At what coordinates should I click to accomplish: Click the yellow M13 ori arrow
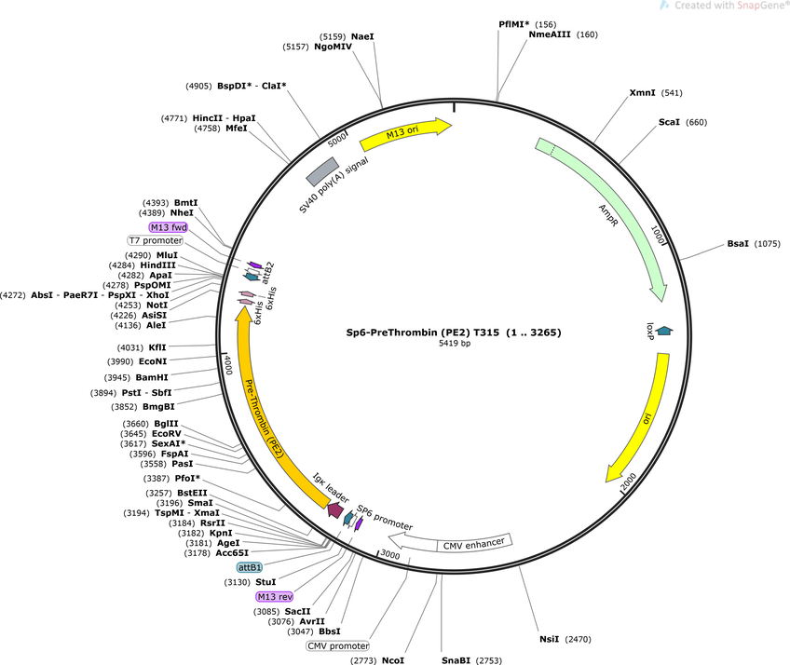405,133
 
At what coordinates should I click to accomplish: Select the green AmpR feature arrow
616,210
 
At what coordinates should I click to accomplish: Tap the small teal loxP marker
664,331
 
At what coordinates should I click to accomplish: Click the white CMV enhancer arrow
450,543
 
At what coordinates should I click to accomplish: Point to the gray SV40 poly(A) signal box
322,171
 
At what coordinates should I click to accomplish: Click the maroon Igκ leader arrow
335,509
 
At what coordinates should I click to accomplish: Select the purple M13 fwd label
169,227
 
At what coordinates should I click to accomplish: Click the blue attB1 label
250,567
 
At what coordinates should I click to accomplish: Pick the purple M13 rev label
275,596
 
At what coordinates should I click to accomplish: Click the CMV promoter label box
338,645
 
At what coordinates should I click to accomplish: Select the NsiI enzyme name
549,639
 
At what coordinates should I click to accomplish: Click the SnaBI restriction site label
456,660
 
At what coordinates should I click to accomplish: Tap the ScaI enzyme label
669,122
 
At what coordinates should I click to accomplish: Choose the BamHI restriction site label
152,377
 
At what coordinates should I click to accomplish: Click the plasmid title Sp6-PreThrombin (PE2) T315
422,332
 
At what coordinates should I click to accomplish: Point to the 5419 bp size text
454,344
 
